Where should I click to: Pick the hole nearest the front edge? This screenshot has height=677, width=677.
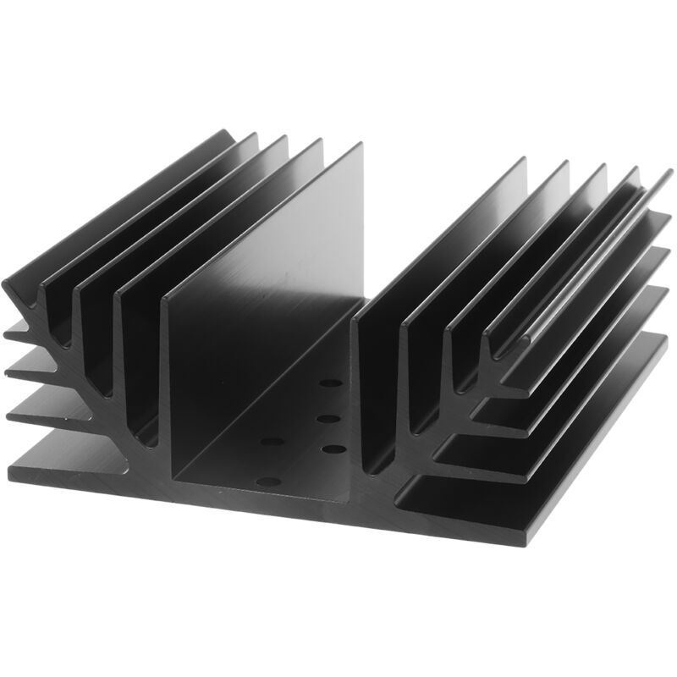point(267,482)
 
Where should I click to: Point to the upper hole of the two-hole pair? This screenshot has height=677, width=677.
point(272,442)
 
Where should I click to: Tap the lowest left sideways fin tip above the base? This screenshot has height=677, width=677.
point(12,415)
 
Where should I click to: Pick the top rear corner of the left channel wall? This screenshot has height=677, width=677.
point(359,145)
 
